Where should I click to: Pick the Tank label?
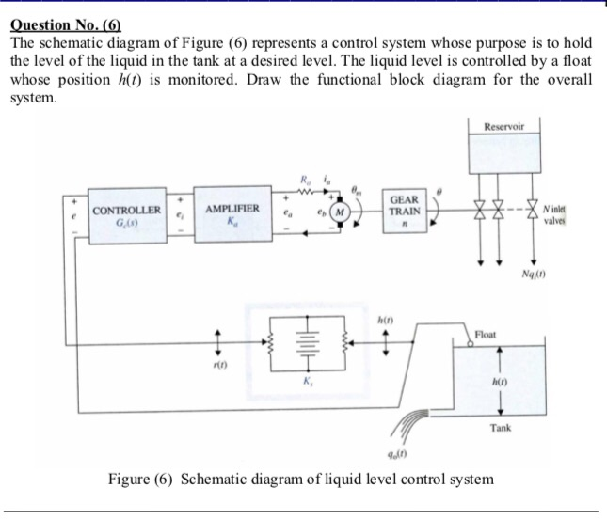click(500, 427)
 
